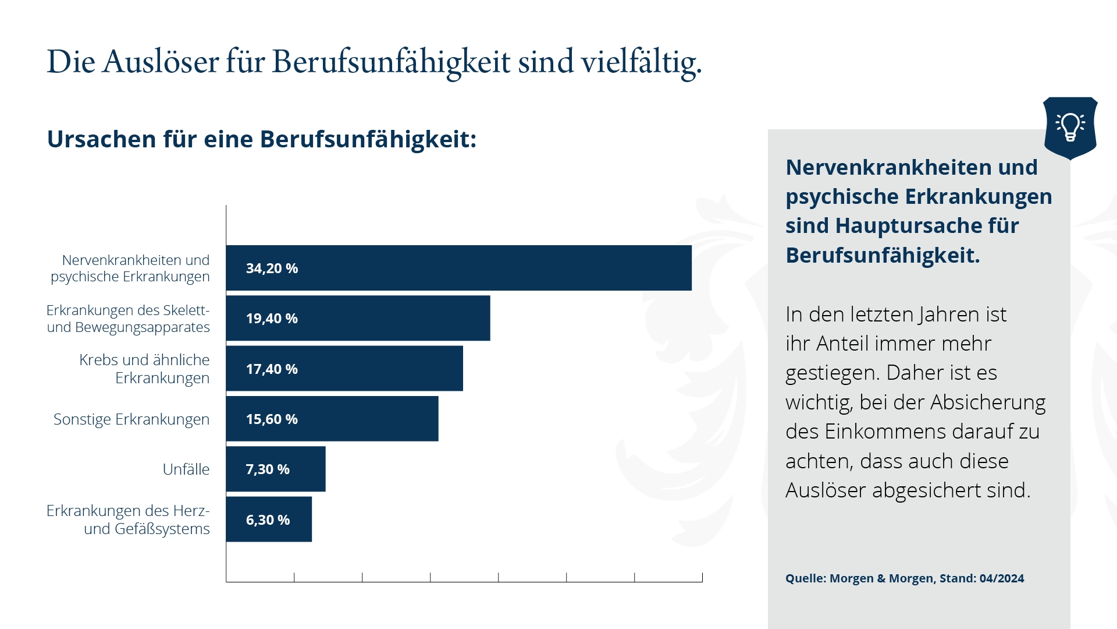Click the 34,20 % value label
[272, 268]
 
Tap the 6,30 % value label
[268, 520]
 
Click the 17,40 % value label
[272, 369]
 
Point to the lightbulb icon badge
[1070, 128]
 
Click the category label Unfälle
[186, 469]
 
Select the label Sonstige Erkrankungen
[131, 419]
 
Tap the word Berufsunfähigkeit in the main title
[391, 62]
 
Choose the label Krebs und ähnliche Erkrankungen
[145, 369]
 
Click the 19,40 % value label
[272, 319]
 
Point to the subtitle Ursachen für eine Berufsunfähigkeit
[261, 139]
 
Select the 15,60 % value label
[272, 419]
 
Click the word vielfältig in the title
[641, 62]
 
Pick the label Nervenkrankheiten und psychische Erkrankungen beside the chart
[130, 268]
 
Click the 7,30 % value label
[268, 469]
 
